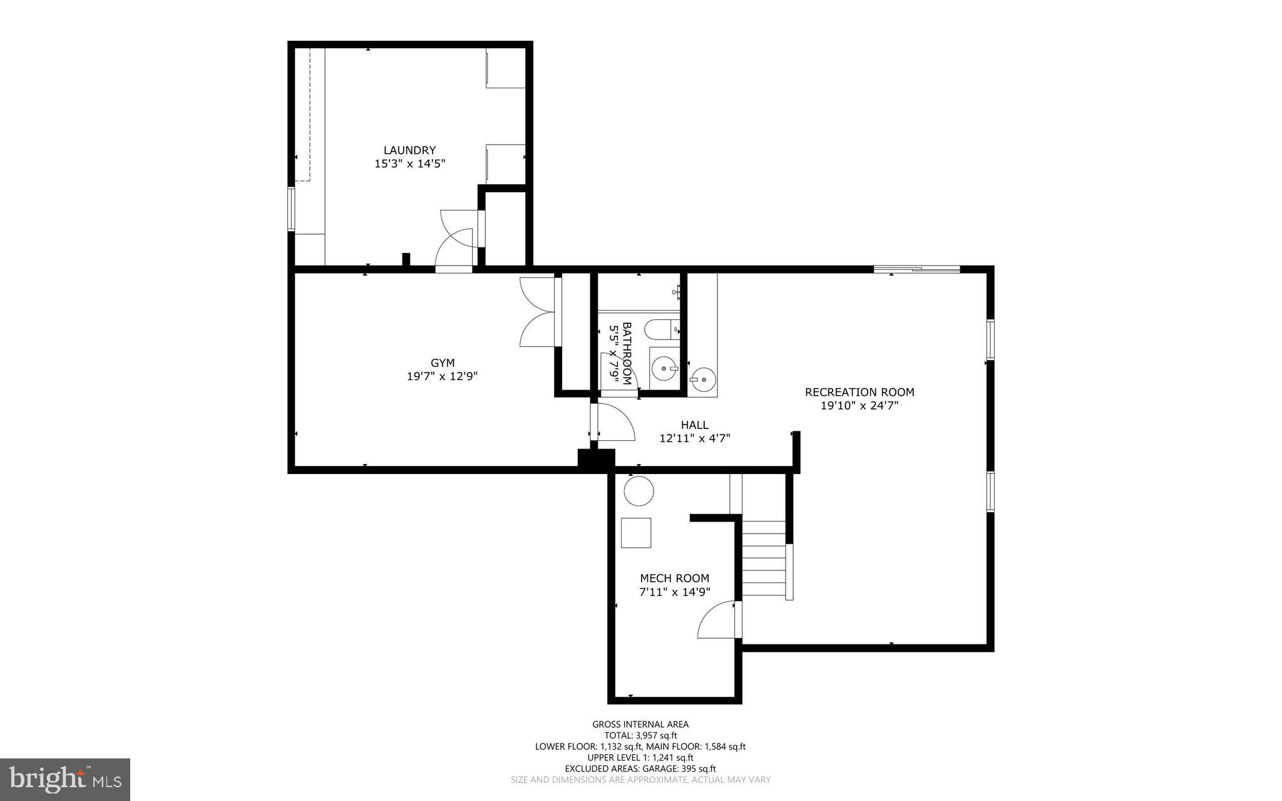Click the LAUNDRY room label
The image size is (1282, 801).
pos(409,150)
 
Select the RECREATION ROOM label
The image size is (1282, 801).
pos(859,392)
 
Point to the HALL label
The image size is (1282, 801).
pos(694,425)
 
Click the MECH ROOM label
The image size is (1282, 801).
pos(674,578)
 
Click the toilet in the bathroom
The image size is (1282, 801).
pos(661,328)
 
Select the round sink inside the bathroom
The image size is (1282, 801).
pos(664,369)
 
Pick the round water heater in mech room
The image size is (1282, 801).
pos(638,491)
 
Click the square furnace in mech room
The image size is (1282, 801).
pos(635,533)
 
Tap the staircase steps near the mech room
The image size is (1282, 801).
pos(763,559)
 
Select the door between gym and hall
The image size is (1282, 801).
pos(613,423)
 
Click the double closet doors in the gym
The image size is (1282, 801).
pos(537,312)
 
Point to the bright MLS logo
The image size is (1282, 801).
pos(64,780)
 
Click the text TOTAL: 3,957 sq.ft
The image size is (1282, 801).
pos(640,735)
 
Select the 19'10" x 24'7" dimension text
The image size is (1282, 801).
pos(859,406)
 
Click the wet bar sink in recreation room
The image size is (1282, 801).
pos(703,378)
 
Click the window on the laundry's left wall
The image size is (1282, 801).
pos(291,209)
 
